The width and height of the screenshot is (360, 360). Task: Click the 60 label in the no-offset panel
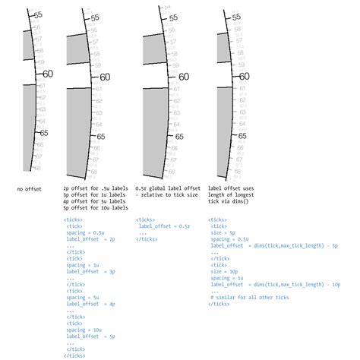tap(48, 74)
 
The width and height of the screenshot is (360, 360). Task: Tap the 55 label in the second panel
tap(93, 17)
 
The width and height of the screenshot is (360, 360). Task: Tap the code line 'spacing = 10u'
tap(86, 330)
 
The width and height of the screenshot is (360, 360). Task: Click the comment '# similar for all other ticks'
tap(251, 297)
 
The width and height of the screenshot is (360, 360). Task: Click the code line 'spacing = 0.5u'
tap(87, 232)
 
